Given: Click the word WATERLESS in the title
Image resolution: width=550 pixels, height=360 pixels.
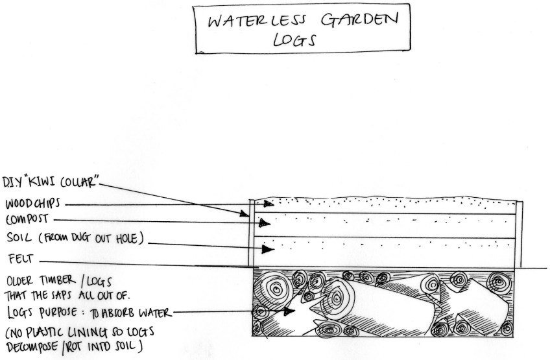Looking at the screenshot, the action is coord(257,21).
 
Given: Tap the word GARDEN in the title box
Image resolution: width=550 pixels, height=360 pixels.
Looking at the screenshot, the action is coord(359,19).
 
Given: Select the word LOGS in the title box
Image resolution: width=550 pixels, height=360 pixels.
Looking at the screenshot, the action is coord(294,40).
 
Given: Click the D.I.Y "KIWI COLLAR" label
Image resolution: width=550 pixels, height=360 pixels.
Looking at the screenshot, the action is coord(51,182).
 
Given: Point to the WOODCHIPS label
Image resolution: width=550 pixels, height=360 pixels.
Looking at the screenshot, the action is coord(32,204).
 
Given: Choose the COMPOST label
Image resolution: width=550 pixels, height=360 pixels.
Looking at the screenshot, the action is coord(27,219).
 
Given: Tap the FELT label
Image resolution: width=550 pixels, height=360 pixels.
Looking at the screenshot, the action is coord(21,259).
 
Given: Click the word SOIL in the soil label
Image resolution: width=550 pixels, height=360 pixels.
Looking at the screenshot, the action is coord(19,237).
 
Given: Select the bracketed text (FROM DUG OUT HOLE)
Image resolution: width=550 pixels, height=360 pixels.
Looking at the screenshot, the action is coord(91,238).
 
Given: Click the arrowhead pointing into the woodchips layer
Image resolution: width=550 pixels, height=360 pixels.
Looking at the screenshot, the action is coord(269,203).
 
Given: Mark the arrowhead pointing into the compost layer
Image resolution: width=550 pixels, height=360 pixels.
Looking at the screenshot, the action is coord(265,222).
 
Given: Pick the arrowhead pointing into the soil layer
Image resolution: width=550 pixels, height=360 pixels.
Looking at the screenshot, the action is coord(268,250).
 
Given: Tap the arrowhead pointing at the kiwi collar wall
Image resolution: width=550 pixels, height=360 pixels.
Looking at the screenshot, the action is coord(245,213).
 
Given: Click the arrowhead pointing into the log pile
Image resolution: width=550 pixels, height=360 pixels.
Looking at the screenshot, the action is coord(289,311).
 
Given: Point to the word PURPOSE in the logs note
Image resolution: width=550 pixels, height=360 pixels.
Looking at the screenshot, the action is coord(58,312).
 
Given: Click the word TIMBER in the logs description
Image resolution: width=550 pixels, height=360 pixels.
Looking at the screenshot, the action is coord(57,280).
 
